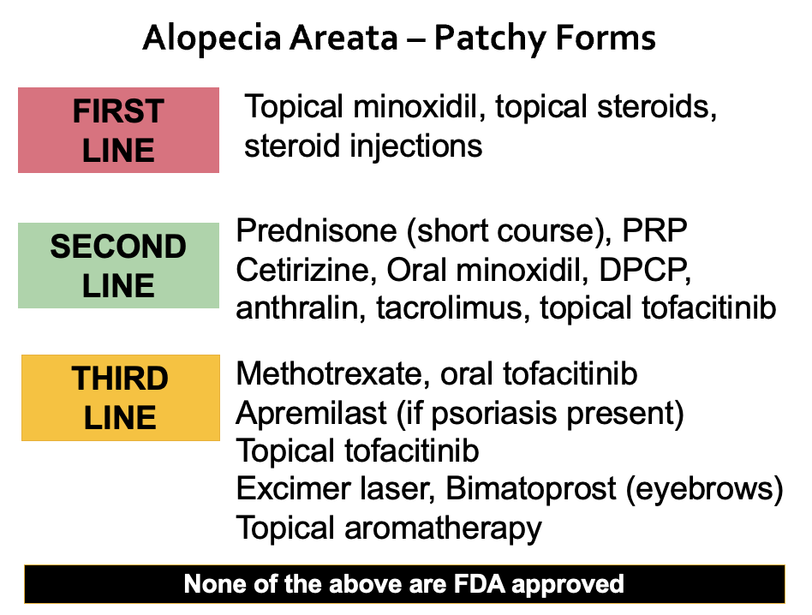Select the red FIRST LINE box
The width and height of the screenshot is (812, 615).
pos(118,130)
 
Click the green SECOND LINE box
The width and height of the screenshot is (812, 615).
pos(118,266)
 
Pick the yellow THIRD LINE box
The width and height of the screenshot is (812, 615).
pos(121,397)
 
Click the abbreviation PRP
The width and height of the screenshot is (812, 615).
pos(656,230)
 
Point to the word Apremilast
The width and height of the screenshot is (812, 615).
pos(311,413)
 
